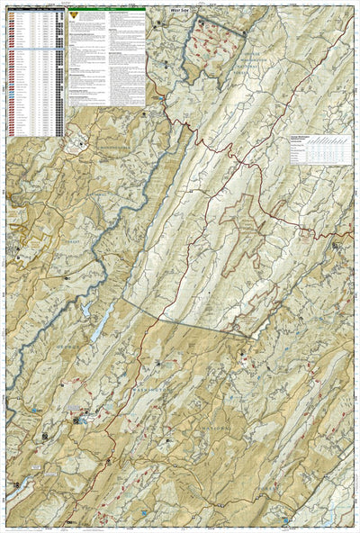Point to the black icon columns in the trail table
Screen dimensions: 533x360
pos(60,72)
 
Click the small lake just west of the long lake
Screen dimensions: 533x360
pos(83,310)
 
